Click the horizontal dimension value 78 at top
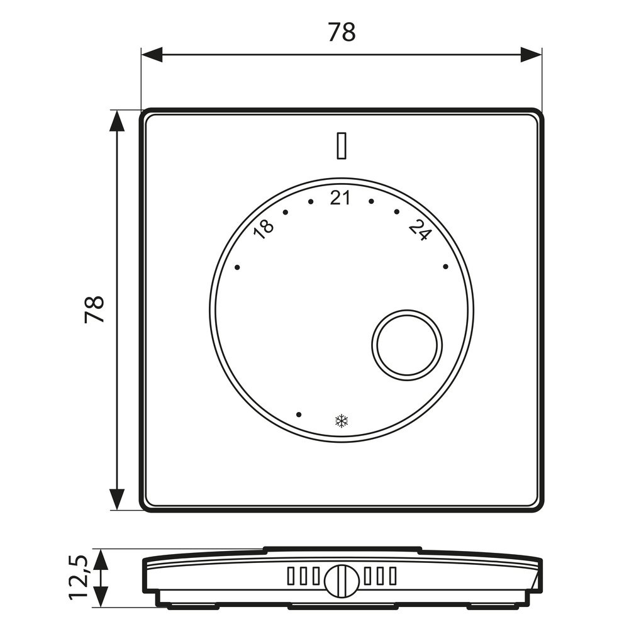click(x=342, y=32)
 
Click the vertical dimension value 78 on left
click(x=95, y=309)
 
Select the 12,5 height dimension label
click(x=78, y=577)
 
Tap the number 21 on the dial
click(x=340, y=198)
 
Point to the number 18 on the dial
click(x=264, y=231)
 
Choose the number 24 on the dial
click(x=420, y=231)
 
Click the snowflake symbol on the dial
click(x=342, y=421)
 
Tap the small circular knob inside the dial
click(x=407, y=345)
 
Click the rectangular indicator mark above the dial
click(x=342, y=147)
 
